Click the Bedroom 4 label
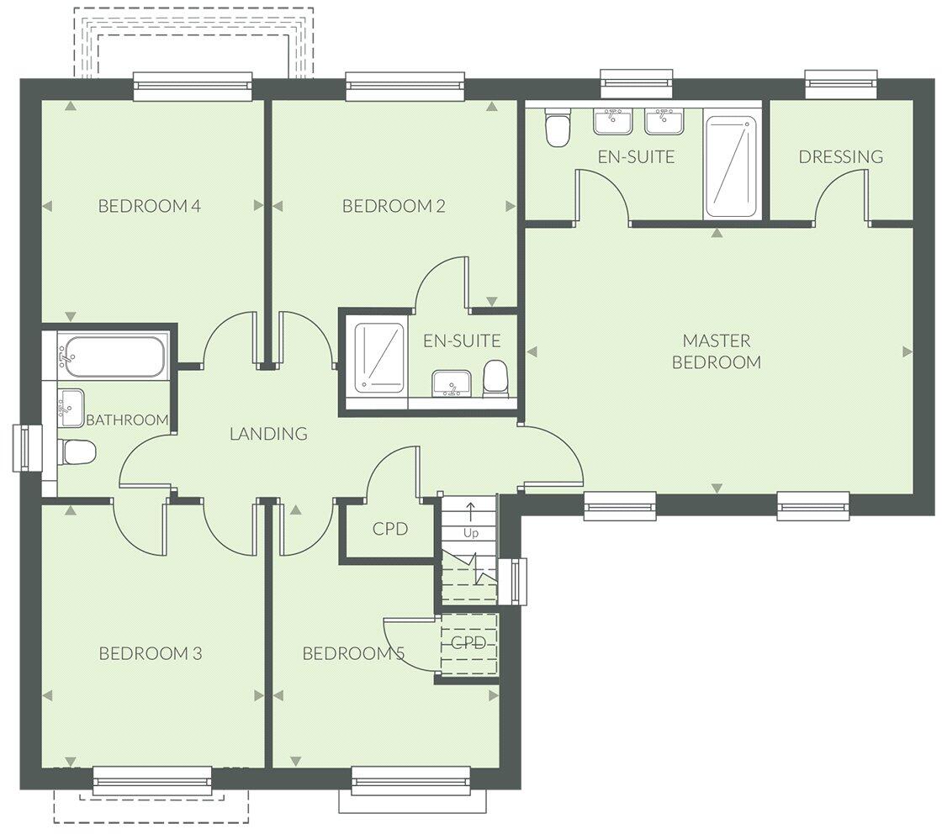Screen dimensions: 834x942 coord(149,206)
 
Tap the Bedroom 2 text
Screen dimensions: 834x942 coord(394,206)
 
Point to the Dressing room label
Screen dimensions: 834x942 coord(840,156)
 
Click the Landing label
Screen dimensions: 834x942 coord(268,434)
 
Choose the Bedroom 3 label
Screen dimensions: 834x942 coord(150,653)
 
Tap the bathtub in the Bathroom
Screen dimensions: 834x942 coord(113,356)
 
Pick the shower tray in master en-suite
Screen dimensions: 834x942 coord(730,166)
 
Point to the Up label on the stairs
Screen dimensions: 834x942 coord(470,533)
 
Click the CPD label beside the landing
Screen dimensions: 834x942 coord(389,529)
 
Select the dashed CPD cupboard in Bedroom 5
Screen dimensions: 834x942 coord(468,644)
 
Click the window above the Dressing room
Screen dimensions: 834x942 coord(841,82)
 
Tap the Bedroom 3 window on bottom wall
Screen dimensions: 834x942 coord(151,781)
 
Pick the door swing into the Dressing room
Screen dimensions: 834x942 coord(841,195)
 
